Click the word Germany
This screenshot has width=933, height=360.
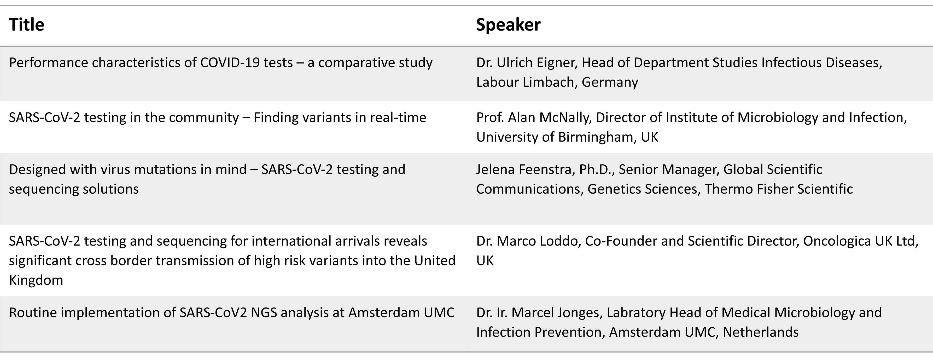click(610, 83)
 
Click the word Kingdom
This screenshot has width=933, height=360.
click(36, 280)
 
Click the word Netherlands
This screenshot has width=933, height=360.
click(761, 332)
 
